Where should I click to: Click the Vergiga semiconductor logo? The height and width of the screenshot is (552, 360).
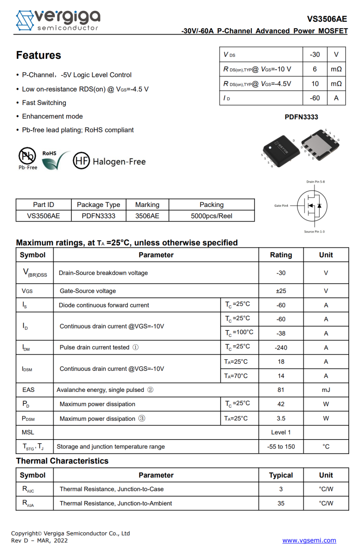tap(58, 20)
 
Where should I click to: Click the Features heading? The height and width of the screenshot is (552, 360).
tap(39, 55)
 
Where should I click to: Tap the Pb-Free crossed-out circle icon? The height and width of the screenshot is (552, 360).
tap(27, 156)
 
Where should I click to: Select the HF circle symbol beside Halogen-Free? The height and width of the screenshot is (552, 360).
tap(81, 161)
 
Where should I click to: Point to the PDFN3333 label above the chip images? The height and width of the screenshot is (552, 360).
tap(301, 117)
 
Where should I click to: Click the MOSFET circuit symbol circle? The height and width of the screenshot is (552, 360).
tap(312, 205)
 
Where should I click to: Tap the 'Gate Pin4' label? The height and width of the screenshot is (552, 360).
tap(281, 205)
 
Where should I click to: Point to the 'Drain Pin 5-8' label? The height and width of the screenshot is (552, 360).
tap(315, 182)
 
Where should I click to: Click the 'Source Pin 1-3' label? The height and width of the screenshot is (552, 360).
tap(314, 232)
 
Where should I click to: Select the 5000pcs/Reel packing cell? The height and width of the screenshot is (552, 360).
tap(211, 216)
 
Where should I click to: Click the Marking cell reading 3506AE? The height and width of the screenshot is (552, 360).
tap(147, 216)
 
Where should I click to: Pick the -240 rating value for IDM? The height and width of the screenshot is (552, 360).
tap(281, 348)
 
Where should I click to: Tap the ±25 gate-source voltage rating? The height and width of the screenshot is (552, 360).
tap(281, 291)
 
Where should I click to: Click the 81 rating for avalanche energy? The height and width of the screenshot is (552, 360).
tap(281, 390)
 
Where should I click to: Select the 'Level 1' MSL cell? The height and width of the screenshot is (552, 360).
tap(281, 432)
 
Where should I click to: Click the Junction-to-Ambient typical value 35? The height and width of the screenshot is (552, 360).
tap(281, 503)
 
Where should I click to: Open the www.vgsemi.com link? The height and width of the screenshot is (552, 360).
tap(309, 540)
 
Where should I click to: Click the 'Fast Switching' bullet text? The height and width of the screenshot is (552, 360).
tap(44, 103)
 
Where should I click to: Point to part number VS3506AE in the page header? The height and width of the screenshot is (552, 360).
tap(327, 19)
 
